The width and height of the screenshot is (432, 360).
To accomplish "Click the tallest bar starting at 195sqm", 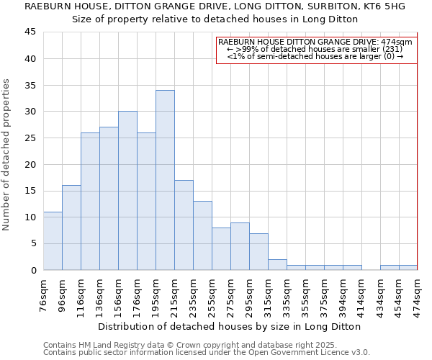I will coord(165,180).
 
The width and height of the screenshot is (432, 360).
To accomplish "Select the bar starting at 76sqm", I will coord(53,240).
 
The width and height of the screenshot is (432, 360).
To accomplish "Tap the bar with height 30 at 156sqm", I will coord(127,191).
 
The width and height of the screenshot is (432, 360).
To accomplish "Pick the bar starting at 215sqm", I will coord(184,225).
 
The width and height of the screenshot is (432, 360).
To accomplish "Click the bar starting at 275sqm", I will coord(240,246).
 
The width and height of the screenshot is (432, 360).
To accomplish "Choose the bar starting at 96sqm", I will coord(71,228).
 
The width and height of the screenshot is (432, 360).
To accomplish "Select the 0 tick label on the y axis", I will coord(34,270).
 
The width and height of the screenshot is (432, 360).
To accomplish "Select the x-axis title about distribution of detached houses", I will coord(230,326).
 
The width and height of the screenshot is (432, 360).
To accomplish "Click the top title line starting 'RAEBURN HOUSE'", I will coord(215,6).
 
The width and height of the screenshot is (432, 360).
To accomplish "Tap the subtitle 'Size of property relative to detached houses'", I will coord(215,19).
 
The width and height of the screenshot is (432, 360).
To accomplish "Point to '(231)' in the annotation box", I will coord(391,49).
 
